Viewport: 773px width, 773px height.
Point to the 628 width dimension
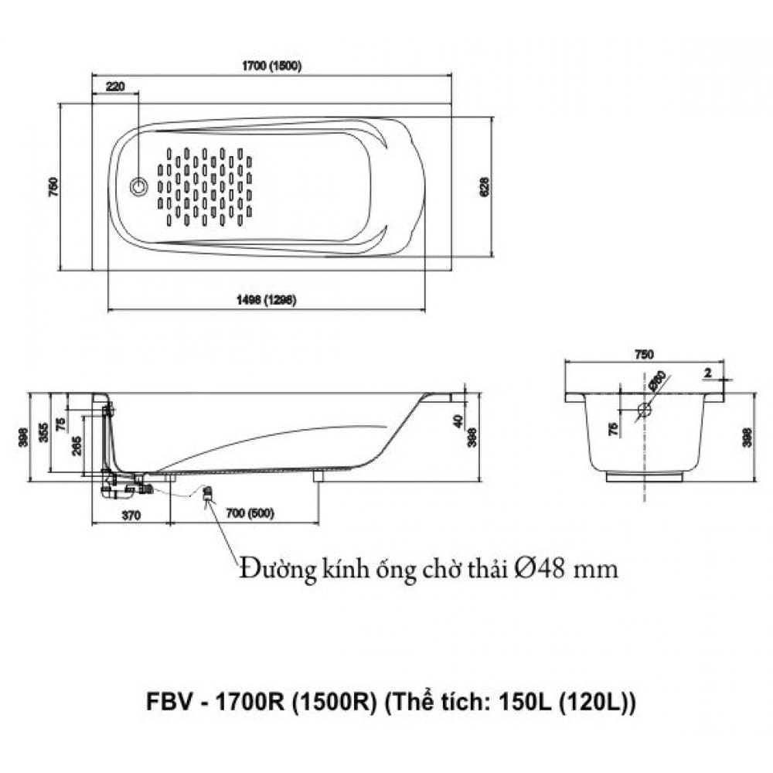pos(484,186)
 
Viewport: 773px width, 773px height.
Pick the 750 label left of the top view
pos(53,186)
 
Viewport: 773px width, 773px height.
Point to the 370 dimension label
pos(130,515)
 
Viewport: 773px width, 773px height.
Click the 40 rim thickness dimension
pos(458,421)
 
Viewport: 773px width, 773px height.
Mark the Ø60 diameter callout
pos(657,380)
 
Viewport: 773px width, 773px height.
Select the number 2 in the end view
pos(707,373)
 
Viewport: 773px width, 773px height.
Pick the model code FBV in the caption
pos(165,705)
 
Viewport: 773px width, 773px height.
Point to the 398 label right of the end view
pos(747,439)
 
